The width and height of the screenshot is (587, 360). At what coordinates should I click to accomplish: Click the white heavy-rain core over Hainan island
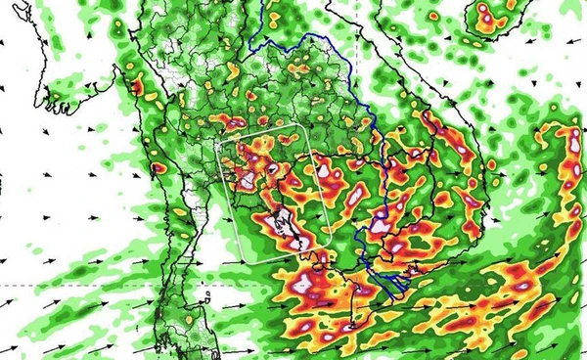pos(487,15)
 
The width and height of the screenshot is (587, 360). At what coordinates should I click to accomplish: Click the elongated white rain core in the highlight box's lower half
pos(287,226)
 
